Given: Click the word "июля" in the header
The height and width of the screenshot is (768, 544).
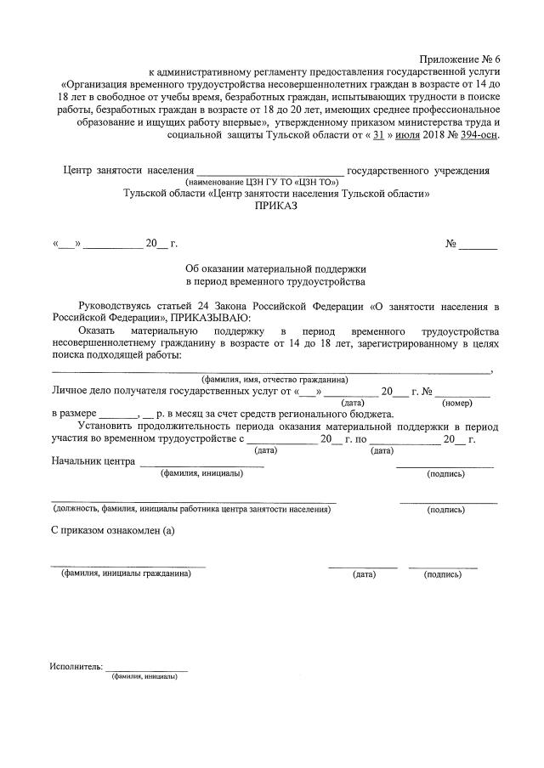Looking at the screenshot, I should click(411, 134).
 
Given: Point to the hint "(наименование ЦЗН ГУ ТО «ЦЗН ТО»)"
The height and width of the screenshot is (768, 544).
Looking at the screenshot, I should click(262, 182).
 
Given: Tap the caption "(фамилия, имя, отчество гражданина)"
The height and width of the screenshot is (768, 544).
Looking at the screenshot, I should click(274, 379).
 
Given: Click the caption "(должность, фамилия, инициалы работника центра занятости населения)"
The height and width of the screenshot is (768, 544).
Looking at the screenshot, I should click(190, 510).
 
